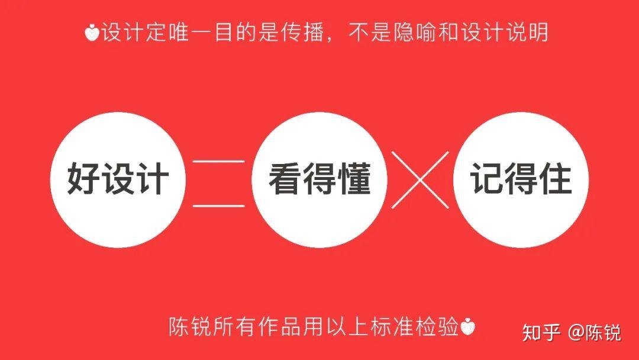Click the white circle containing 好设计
tap(118, 179)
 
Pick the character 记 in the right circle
tap(488, 179)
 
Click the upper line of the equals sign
tap(218, 161)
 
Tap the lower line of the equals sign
tap(218, 205)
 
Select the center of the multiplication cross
tap(420, 179)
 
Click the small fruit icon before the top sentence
tap(92, 33)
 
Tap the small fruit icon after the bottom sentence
tap(468, 327)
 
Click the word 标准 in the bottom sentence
tap(390, 327)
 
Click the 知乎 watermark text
tap(541, 332)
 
